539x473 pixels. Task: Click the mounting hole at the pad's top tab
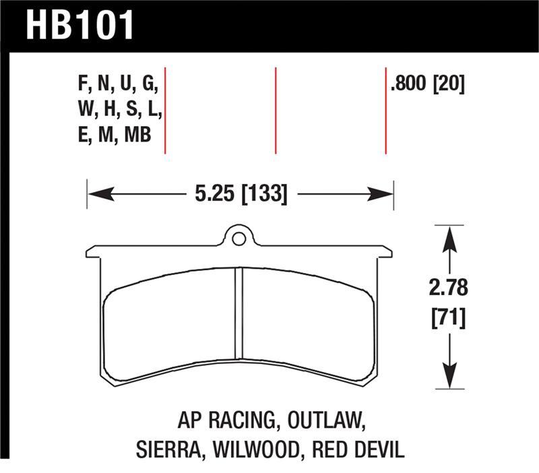coord(238,238)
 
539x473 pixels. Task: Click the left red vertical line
coord(165,111)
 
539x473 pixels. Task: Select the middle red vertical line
coord(276,111)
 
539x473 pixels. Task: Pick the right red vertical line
coord(386,111)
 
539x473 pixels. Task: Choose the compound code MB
coord(135,135)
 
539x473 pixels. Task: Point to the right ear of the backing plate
coord(382,252)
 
